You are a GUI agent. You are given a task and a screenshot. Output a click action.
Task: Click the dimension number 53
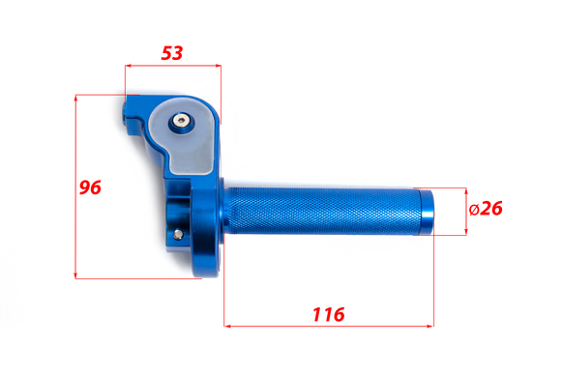click(x=172, y=53)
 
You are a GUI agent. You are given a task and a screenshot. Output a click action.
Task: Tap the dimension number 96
click(x=90, y=187)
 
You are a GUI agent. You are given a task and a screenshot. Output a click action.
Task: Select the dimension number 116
click(x=329, y=314)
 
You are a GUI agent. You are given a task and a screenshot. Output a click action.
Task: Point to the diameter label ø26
click(x=486, y=208)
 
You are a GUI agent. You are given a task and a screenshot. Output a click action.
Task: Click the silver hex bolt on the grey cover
click(x=181, y=121)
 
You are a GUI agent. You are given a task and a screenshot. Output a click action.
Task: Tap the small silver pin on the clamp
click(x=178, y=235)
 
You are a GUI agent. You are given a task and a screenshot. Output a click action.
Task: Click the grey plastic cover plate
click(x=183, y=136)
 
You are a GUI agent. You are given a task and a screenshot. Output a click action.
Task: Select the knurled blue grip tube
click(x=322, y=211)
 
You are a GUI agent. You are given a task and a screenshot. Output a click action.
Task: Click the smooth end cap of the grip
click(x=427, y=212)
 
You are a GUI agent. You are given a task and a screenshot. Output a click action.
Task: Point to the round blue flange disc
click(x=207, y=229)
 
